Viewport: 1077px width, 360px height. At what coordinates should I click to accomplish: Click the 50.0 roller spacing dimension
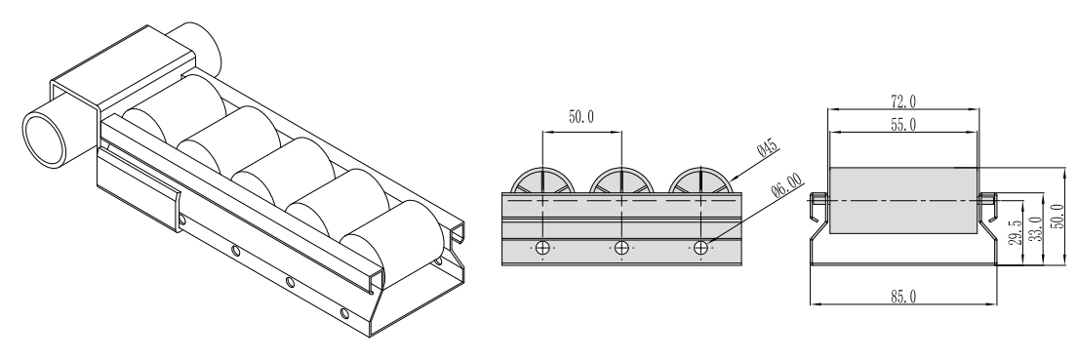581,117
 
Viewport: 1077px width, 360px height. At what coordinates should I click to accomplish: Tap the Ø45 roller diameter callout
767,147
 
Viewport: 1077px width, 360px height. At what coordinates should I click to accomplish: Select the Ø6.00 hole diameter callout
786,185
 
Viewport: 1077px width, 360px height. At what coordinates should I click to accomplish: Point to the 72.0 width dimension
903,101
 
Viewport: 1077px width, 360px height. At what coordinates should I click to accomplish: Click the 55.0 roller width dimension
903,124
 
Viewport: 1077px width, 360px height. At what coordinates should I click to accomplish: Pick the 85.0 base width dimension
903,297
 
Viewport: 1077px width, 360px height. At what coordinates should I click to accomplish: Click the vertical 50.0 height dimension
1059,215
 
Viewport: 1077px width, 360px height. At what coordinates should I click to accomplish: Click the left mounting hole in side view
542,248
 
